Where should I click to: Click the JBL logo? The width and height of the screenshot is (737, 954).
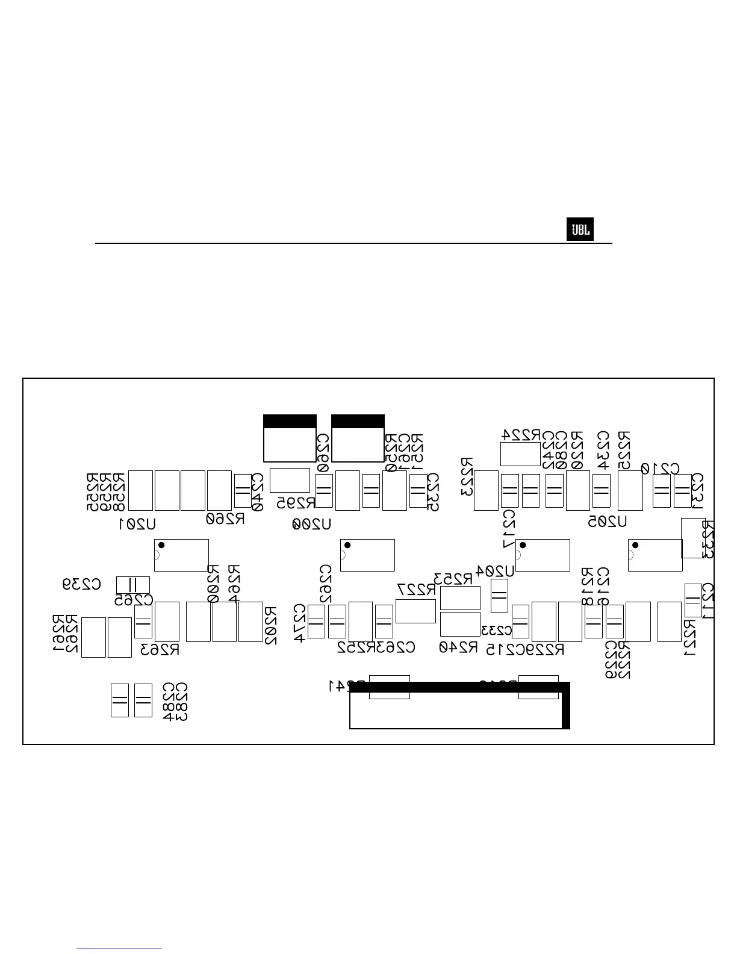[x=580, y=230]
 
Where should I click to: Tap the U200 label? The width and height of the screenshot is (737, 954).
[x=312, y=524]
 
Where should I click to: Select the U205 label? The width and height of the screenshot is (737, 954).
[x=608, y=522]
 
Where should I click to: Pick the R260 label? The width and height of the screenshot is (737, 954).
[x=226, y=519]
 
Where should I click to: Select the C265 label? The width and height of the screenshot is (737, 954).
[x=134, y=600]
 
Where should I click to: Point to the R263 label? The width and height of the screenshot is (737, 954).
[x=160, y=650]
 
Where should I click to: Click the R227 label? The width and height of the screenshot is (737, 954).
[x=416, y=590]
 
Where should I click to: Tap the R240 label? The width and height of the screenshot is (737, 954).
[x=458, y=648]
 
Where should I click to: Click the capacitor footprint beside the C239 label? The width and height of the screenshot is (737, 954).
[x=132, y=585]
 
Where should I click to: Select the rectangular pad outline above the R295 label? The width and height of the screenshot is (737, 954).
[x=290, y=480]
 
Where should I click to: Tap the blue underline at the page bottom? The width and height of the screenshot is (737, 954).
[x=119, y=949]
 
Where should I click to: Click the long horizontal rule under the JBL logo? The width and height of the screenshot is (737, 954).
[x=353, y=243]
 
